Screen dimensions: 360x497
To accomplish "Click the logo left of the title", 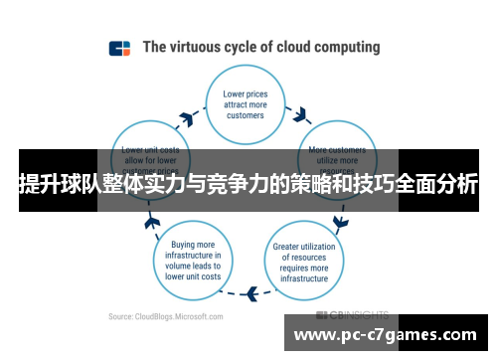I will tap(119, 48).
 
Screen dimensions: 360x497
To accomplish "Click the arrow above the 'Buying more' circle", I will tap(153, 219).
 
